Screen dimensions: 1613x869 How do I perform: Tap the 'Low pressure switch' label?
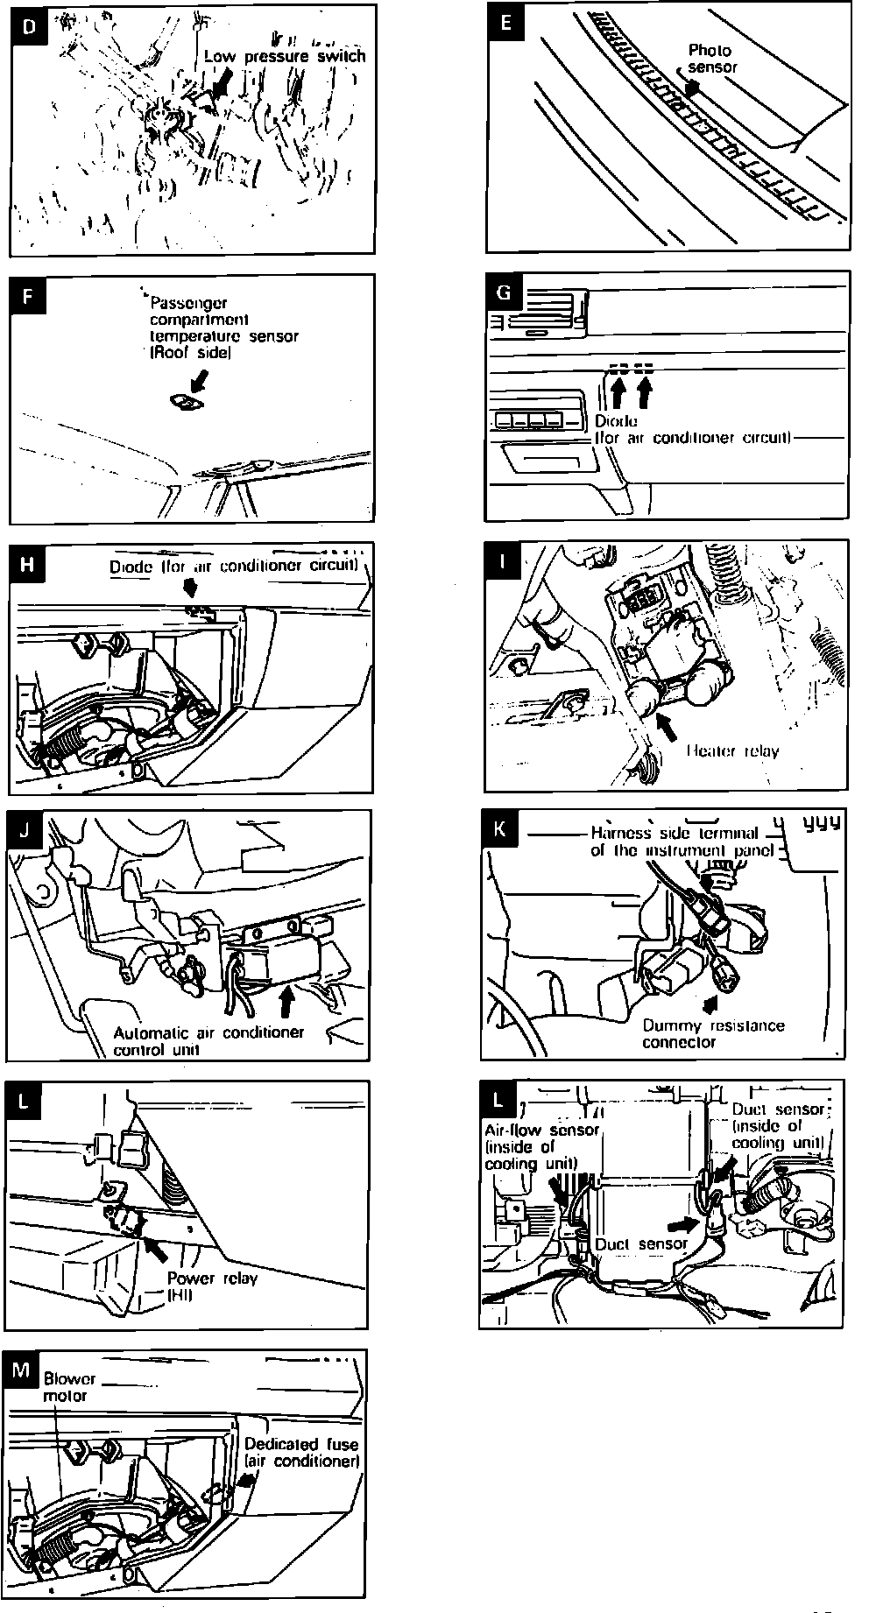click(x=285, y=56)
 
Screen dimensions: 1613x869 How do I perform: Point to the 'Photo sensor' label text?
click(x=711, y=59)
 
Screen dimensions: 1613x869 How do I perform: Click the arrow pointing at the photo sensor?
click(x=693, y=88)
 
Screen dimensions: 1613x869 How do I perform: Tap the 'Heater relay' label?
click(x=732, y=750)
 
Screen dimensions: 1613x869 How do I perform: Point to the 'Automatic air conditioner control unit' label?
click(x=208, y=1040)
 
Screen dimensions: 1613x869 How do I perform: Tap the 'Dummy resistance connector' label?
click(x=713, y=1033)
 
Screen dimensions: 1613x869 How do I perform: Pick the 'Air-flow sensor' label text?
click(x=541, y=1130)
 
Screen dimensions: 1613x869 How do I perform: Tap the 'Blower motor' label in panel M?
click(x=69, y=1386)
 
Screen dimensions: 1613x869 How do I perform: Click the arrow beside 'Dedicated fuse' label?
click(x=246, y=1479)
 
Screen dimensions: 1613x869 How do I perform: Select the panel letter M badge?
click(x=21, y=1370)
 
